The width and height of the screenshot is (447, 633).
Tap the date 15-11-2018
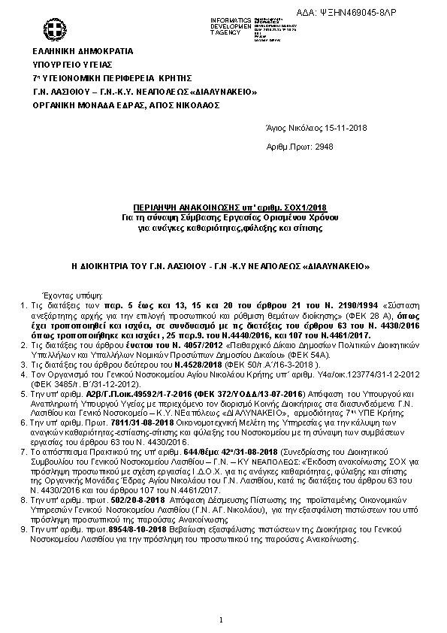click(x=322, y=129)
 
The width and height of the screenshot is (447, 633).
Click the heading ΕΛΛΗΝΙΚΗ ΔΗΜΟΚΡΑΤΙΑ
click(x=82, y=51)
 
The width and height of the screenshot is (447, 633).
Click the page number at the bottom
click(x=222, y=619)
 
